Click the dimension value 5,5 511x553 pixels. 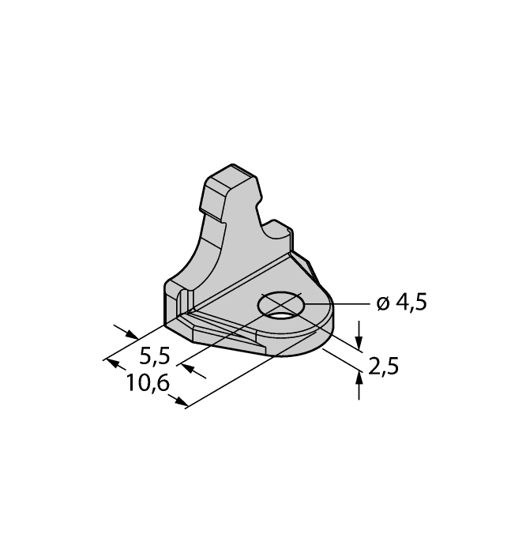tap(154, 355)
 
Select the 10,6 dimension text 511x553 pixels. tap(148, 385)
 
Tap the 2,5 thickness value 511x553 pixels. tap(383, 367)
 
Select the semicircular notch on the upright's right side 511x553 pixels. tap(276, 228)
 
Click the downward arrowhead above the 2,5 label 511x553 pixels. tap(360, 342)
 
